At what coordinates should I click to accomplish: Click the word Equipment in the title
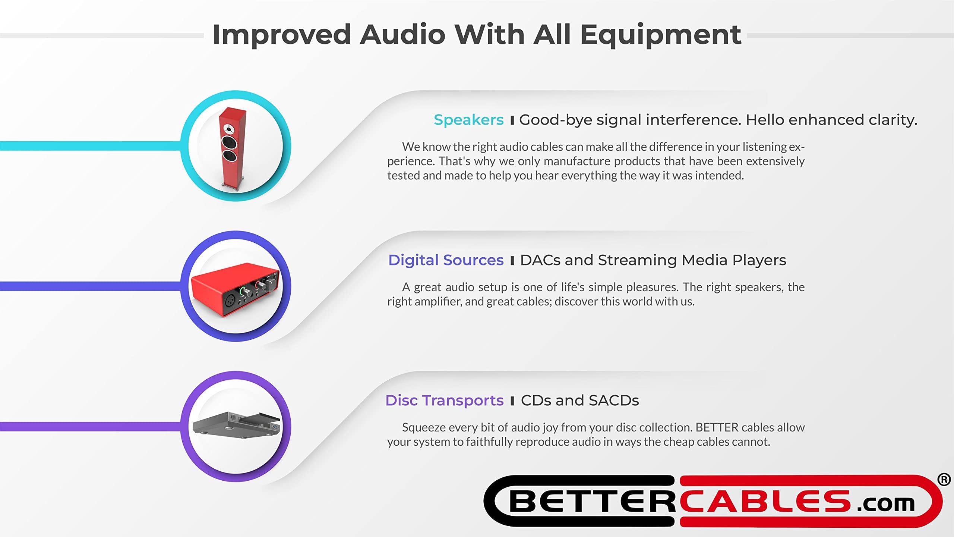(660, 35)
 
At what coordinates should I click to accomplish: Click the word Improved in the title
(281, 35)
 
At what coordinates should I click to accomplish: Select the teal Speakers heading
(468, 120)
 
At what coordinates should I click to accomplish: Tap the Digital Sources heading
(446, 260)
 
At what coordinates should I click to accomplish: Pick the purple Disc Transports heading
(444, 401)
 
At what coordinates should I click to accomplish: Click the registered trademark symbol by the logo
(944, 480)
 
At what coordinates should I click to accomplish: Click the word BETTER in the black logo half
(593, 502)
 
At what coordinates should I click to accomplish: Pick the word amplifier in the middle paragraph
(437, 301)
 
